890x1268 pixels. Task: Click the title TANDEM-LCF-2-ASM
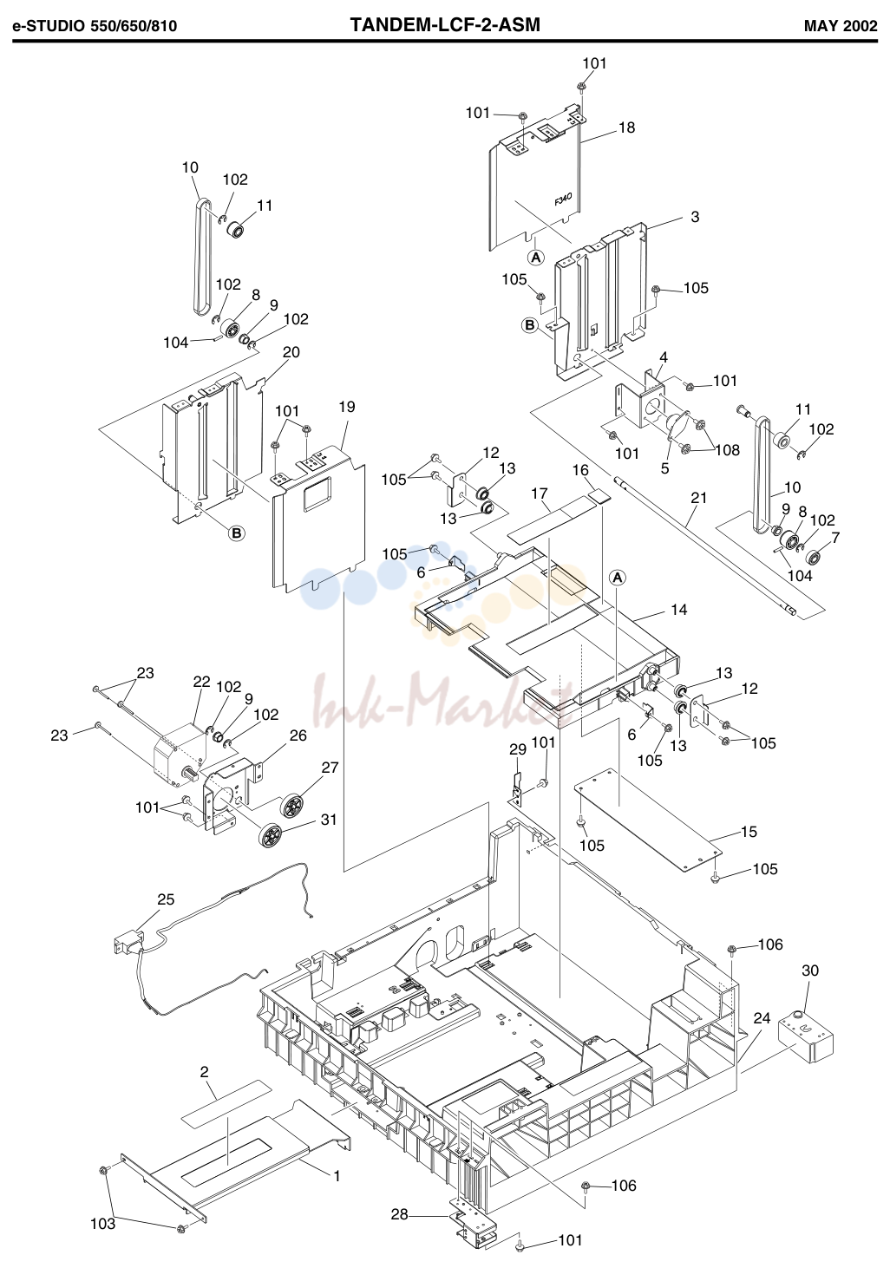click(445, 25)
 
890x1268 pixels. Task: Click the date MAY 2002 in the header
click(841, 26)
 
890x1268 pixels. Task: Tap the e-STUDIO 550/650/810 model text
click(95, 27)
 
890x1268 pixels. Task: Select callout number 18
click(627, 127)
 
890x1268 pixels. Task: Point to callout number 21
click(698, 498)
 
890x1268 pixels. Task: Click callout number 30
click(810, 971)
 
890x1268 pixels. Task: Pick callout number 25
click(166, 899)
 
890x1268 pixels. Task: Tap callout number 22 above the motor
click(201, 682)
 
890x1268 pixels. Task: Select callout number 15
click(749, 832)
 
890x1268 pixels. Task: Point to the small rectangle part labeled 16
click(600, 497)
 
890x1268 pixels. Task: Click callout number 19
click(346, 407)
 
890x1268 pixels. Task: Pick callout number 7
click(835, 537)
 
